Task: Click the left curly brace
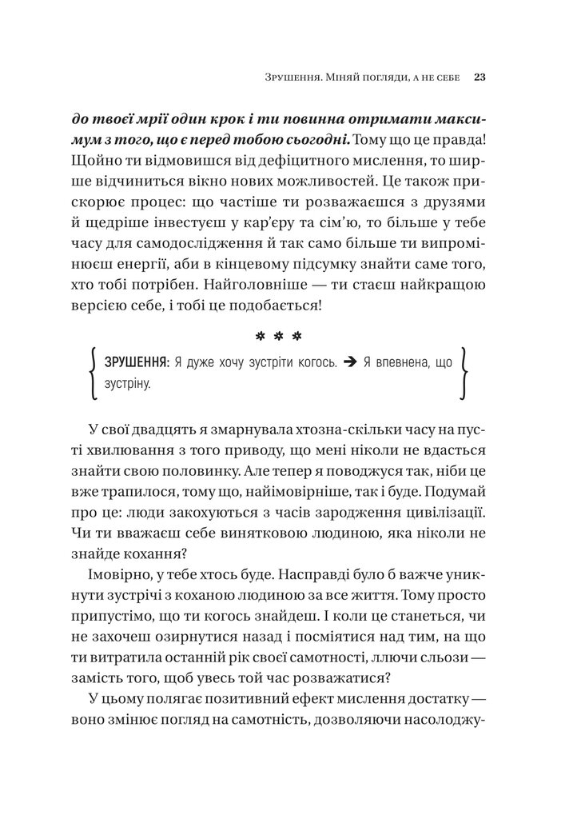click(94, 374)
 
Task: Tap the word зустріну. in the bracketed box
click(127, 386)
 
